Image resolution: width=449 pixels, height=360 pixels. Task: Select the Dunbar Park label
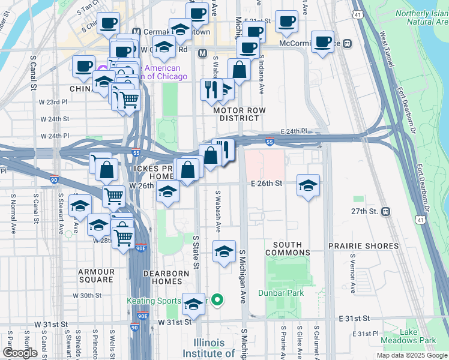[x=281, y=293]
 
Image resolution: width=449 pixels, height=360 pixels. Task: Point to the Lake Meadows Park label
[x=419, y=336]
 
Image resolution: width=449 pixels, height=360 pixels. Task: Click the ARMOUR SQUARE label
[x=96, y=276]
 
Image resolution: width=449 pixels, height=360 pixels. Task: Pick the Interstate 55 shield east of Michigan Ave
[x=270, y=142]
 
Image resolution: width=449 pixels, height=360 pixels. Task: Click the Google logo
[x=20, y=353]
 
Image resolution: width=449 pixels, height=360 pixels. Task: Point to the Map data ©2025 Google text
[x=411, y=356]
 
